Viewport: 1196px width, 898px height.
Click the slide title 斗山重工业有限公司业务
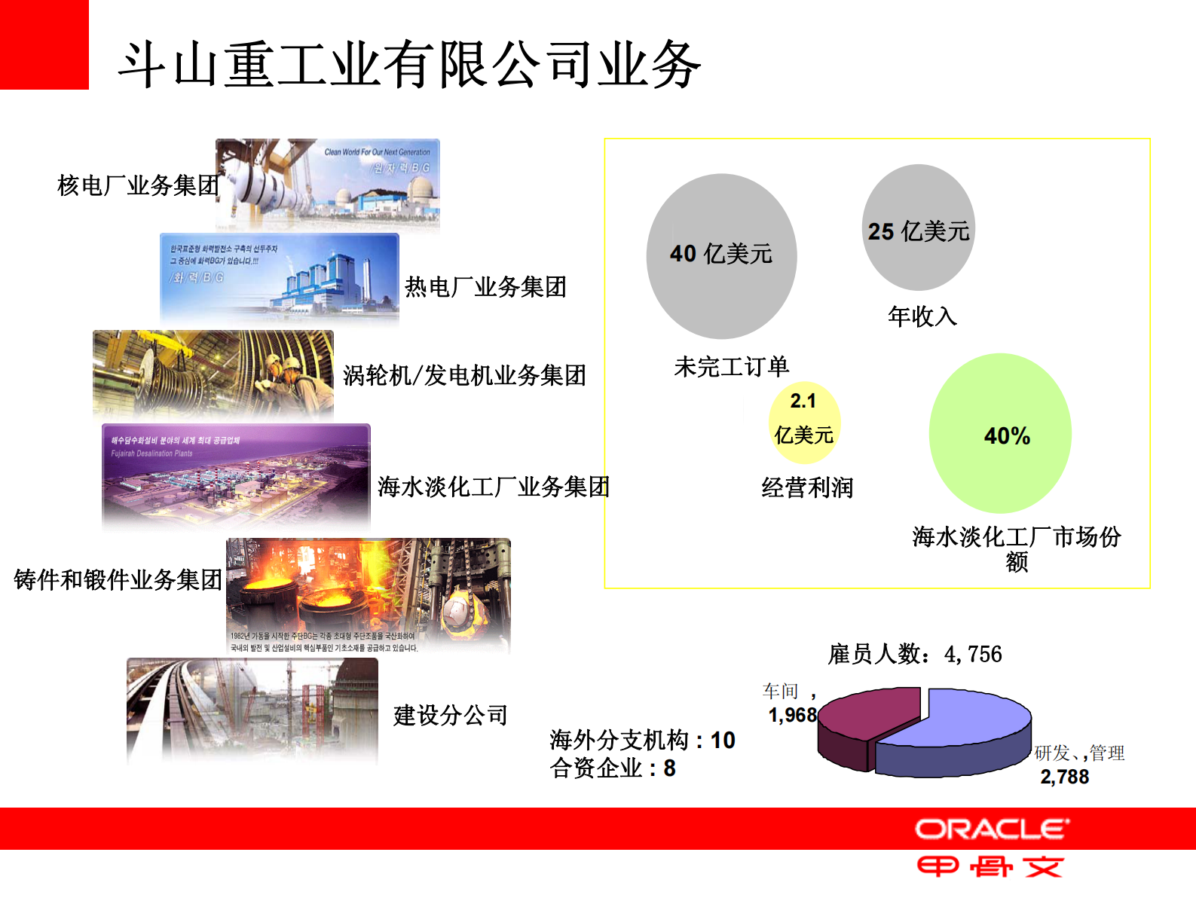[x=409, y=65]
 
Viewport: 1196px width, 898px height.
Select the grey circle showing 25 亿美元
[x=918, y=228]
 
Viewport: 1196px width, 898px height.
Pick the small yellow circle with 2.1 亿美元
[x=804, y=422]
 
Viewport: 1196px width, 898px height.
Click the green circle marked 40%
[x=1000, y=434]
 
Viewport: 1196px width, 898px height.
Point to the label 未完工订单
[x=731, y=367]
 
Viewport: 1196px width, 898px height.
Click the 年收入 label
[x=922, y=316]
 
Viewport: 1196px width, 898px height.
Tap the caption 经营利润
[x=807, y=487]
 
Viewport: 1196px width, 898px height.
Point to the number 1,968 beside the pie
[x=792, y=715]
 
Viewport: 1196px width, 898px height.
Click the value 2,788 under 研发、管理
[x=1064, y=777]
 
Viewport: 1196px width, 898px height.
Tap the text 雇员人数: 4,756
[x=915, y=654]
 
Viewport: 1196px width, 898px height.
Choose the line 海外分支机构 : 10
[x=642, y=740]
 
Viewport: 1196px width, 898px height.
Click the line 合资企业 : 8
[x=613, y=768]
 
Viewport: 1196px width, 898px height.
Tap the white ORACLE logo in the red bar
[x=992, y=829]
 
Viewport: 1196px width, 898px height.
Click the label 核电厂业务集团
[x=138, y=185]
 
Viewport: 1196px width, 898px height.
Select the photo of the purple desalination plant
[x=236, y=475]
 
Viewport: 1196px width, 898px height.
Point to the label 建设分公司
[x=451, y=715]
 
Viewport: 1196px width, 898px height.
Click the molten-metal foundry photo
[x=368, y=595]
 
